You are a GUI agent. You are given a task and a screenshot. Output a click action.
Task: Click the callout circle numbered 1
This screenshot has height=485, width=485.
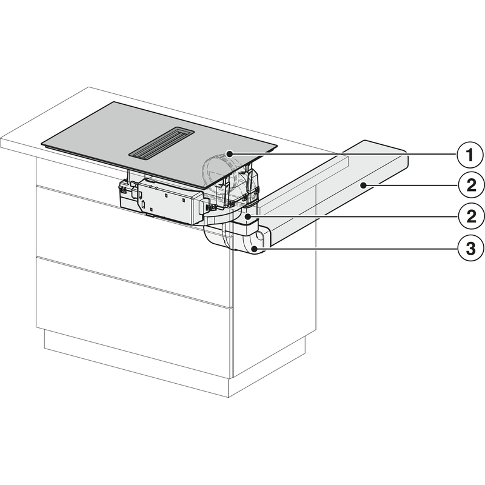470,155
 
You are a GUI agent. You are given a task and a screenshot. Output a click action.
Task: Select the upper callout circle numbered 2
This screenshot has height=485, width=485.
470,186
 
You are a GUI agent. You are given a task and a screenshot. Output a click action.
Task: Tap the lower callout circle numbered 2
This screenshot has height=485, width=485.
470,216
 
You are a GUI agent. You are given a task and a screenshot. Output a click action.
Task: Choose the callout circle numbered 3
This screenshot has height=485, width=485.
470,249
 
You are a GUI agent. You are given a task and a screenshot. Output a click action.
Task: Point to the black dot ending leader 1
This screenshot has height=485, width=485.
229,153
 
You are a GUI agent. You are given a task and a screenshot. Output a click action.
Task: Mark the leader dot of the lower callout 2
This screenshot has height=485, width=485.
247,217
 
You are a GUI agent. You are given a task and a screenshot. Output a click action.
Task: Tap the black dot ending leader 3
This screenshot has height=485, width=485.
254,248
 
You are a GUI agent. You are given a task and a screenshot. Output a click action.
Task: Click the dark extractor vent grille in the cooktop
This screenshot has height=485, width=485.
161,143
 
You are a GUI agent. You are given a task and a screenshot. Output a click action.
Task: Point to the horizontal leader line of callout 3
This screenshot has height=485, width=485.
356,248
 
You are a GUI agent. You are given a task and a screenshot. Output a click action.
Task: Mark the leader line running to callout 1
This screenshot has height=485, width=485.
343,154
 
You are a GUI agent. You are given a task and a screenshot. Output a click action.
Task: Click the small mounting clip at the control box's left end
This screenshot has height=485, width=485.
123,189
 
